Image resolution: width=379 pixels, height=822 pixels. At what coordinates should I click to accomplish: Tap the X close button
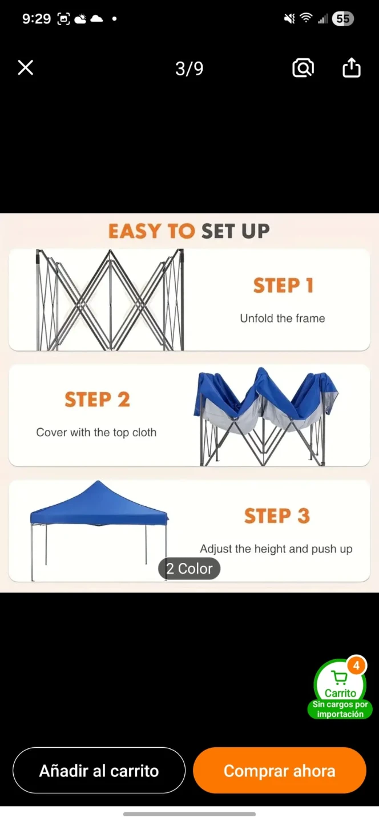26,68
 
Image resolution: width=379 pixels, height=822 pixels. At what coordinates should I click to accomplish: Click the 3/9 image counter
189,68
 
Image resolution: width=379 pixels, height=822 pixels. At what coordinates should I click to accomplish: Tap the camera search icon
303,67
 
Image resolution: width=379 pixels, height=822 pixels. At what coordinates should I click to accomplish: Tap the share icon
352,67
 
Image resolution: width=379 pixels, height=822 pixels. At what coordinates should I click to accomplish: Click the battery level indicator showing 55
342,19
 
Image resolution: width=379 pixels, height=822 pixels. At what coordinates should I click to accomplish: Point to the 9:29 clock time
37,19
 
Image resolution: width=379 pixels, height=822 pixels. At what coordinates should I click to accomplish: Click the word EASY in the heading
135,231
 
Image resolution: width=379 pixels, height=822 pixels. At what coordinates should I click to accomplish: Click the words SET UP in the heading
236,231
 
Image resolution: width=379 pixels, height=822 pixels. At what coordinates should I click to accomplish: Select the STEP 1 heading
283,285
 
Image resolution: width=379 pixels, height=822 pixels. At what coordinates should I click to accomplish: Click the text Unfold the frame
283,318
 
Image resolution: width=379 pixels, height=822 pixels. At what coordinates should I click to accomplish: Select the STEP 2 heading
97,400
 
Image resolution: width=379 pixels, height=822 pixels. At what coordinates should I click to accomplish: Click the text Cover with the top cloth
96,432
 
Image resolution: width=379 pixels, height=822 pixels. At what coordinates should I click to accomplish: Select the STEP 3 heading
277,515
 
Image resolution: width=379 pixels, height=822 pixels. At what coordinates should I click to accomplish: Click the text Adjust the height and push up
276,549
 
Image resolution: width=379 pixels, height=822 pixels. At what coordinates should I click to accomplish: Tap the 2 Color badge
189,569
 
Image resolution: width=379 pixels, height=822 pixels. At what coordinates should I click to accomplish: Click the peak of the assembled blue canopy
98,481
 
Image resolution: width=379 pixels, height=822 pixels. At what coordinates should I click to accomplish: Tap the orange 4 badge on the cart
356,666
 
